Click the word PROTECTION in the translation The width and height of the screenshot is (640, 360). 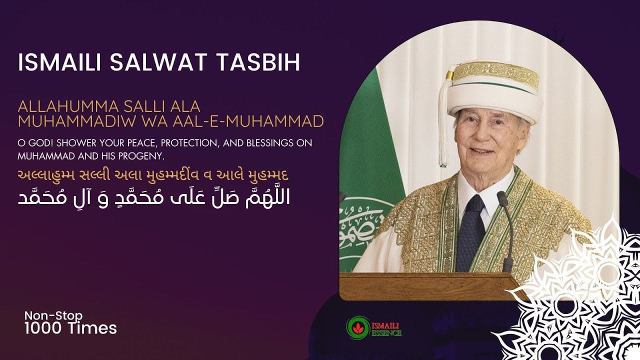click(x=186, y=143)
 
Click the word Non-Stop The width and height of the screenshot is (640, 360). click(x=53, y=315)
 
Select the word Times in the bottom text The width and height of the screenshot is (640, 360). click(x=94, y=328)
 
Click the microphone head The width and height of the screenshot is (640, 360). click(x=502, y=199)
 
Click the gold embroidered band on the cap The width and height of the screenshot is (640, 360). click(x=495, y=75)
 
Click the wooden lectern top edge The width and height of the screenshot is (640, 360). click(x=425, y=276)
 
